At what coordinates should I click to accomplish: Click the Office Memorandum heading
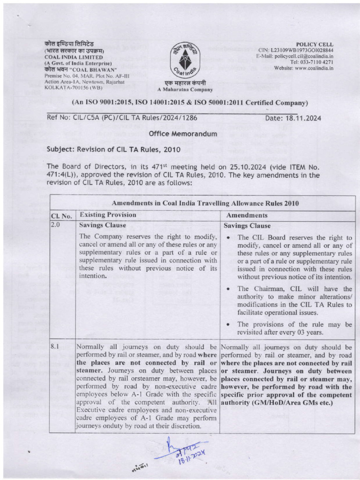[x=183, y=134]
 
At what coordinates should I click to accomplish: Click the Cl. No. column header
[x=61, y=216]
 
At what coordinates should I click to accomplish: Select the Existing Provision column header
[x=108, y=215]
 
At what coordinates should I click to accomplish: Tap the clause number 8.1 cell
[x=55, y=347]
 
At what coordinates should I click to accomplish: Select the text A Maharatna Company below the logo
[x=185, y=90]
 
